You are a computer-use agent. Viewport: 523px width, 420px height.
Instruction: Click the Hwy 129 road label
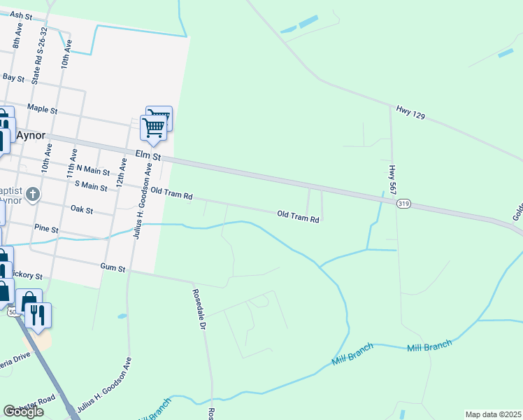410,111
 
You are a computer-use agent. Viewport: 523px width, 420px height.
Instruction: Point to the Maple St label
41,108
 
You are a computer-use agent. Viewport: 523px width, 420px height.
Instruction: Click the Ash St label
22,15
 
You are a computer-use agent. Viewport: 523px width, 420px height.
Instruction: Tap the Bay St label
13,77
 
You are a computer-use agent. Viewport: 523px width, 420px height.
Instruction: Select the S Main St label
91,187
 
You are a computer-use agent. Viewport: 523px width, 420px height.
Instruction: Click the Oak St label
82,209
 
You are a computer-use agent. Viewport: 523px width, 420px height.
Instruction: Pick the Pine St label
45,229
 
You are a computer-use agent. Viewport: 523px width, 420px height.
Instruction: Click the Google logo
23,412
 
